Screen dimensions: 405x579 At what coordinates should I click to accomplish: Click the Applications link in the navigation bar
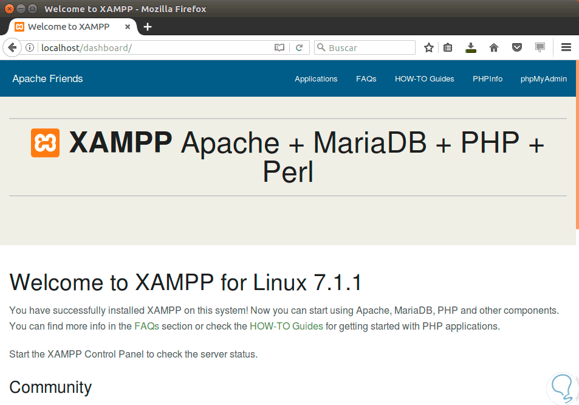click(316, 78)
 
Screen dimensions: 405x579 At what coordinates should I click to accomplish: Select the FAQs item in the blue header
click(366, 78)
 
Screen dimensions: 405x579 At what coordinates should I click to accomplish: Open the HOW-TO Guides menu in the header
click(424, 78)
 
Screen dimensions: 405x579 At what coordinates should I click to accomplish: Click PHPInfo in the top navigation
click(487, 78)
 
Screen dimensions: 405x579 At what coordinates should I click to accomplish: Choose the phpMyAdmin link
click(544, 78)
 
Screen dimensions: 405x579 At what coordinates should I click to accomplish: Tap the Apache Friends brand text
click(47, 78)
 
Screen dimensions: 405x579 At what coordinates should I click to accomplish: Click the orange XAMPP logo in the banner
click(45, 143)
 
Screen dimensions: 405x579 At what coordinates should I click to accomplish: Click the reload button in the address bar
click(299, 47)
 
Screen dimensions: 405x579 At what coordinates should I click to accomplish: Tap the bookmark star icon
click(429, 47)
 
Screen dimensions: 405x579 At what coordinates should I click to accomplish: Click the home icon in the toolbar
click(494, 47)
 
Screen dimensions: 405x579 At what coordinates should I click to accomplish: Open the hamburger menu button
click(566, 47)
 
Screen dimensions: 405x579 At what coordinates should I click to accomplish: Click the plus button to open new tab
click(148, 27)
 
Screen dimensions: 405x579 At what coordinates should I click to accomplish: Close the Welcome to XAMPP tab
click(128, 27)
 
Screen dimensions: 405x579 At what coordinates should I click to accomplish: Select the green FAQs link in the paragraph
click(146, 326)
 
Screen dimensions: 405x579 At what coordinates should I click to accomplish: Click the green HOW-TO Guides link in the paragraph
click(286, 326)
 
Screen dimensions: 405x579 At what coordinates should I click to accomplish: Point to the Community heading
click(50, 387)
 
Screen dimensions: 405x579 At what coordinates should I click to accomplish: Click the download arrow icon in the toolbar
click(470, 47)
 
